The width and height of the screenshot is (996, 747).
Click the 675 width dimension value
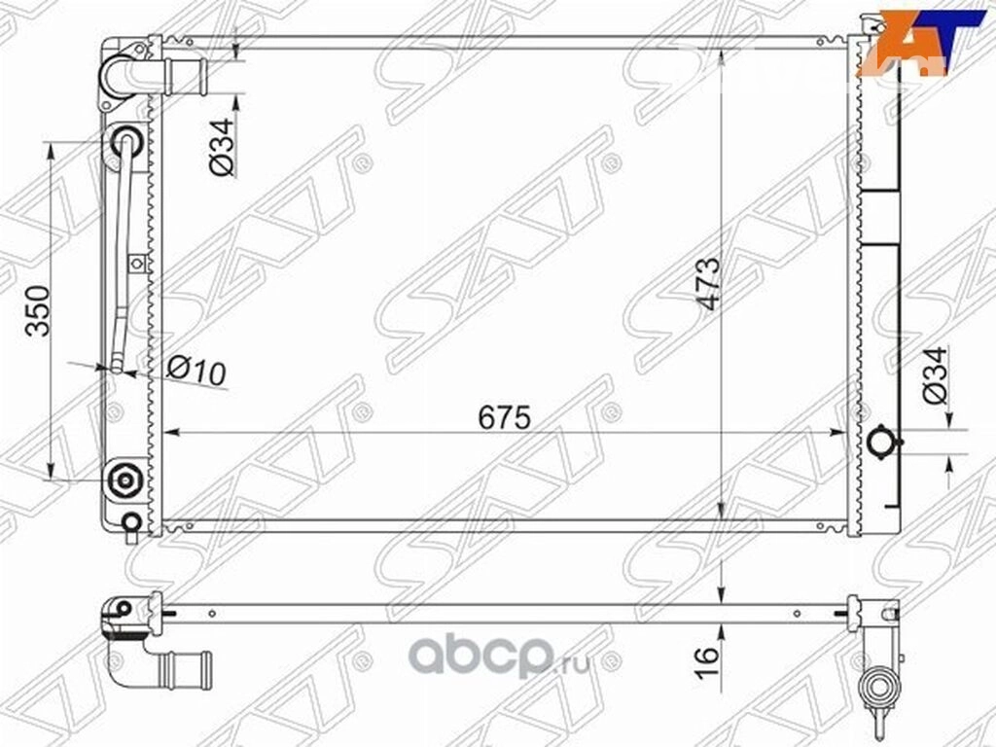[x=505, y=418]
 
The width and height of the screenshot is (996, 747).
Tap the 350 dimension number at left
[x=37, y=310]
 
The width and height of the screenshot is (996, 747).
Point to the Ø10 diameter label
[x=196, y=371]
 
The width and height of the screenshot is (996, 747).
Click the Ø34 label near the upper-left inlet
[x=222, y=148]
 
